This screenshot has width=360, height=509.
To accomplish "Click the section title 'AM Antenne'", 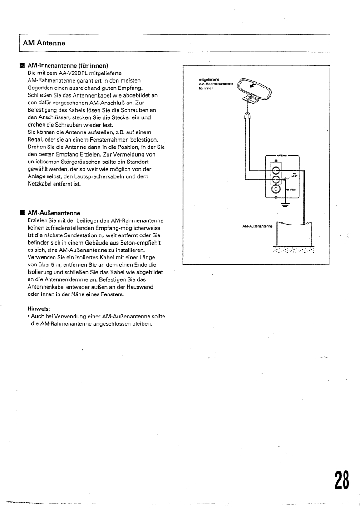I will [44, 44].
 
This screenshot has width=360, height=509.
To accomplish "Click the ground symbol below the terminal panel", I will [285, 205].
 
